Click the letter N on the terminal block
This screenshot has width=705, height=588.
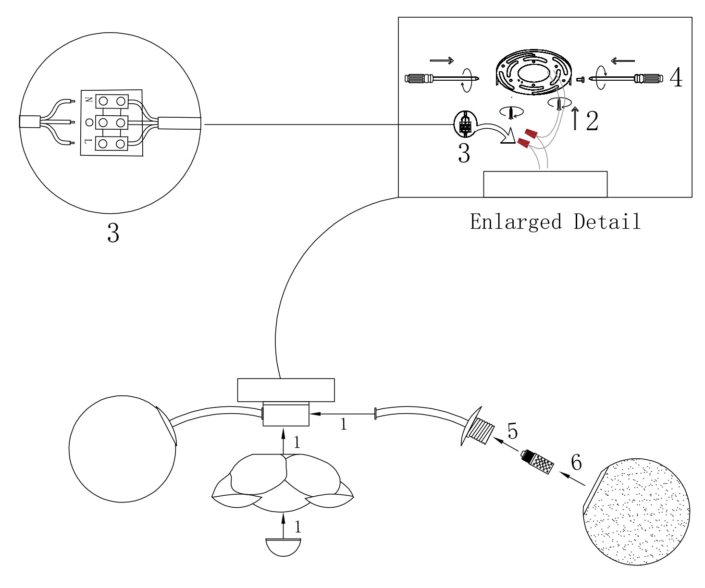coord(88,100)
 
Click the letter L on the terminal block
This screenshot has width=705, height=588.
coord(88,141)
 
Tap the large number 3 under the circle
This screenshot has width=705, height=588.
coord(113,233)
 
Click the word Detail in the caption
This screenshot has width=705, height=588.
coord(607,222)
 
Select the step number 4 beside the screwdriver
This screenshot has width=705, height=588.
coord(676,77)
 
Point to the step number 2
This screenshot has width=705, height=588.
coord(592,121)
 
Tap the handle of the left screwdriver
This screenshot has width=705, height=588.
coord(420,78)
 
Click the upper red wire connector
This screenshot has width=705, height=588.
coord(531,133)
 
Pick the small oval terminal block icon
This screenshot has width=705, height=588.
coord(465,124)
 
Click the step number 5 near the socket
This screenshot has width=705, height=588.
coord(512,431)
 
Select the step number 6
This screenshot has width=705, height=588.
coord(576,462)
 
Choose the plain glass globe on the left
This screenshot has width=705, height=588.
coord(122,449)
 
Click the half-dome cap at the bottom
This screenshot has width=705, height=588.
coord(284,546)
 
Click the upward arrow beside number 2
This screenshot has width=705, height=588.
coord(575,119)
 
